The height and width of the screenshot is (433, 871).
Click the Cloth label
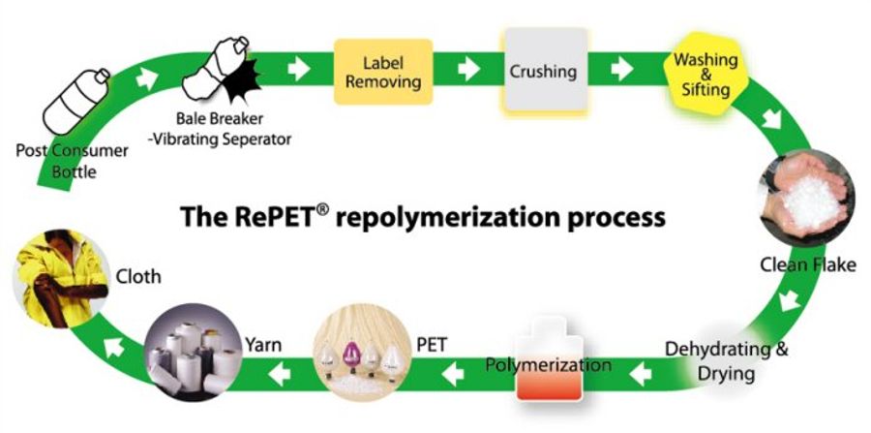pos(137,276)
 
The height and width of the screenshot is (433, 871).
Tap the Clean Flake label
pos(807,263)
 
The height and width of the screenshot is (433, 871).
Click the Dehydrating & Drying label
pos(726,359)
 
